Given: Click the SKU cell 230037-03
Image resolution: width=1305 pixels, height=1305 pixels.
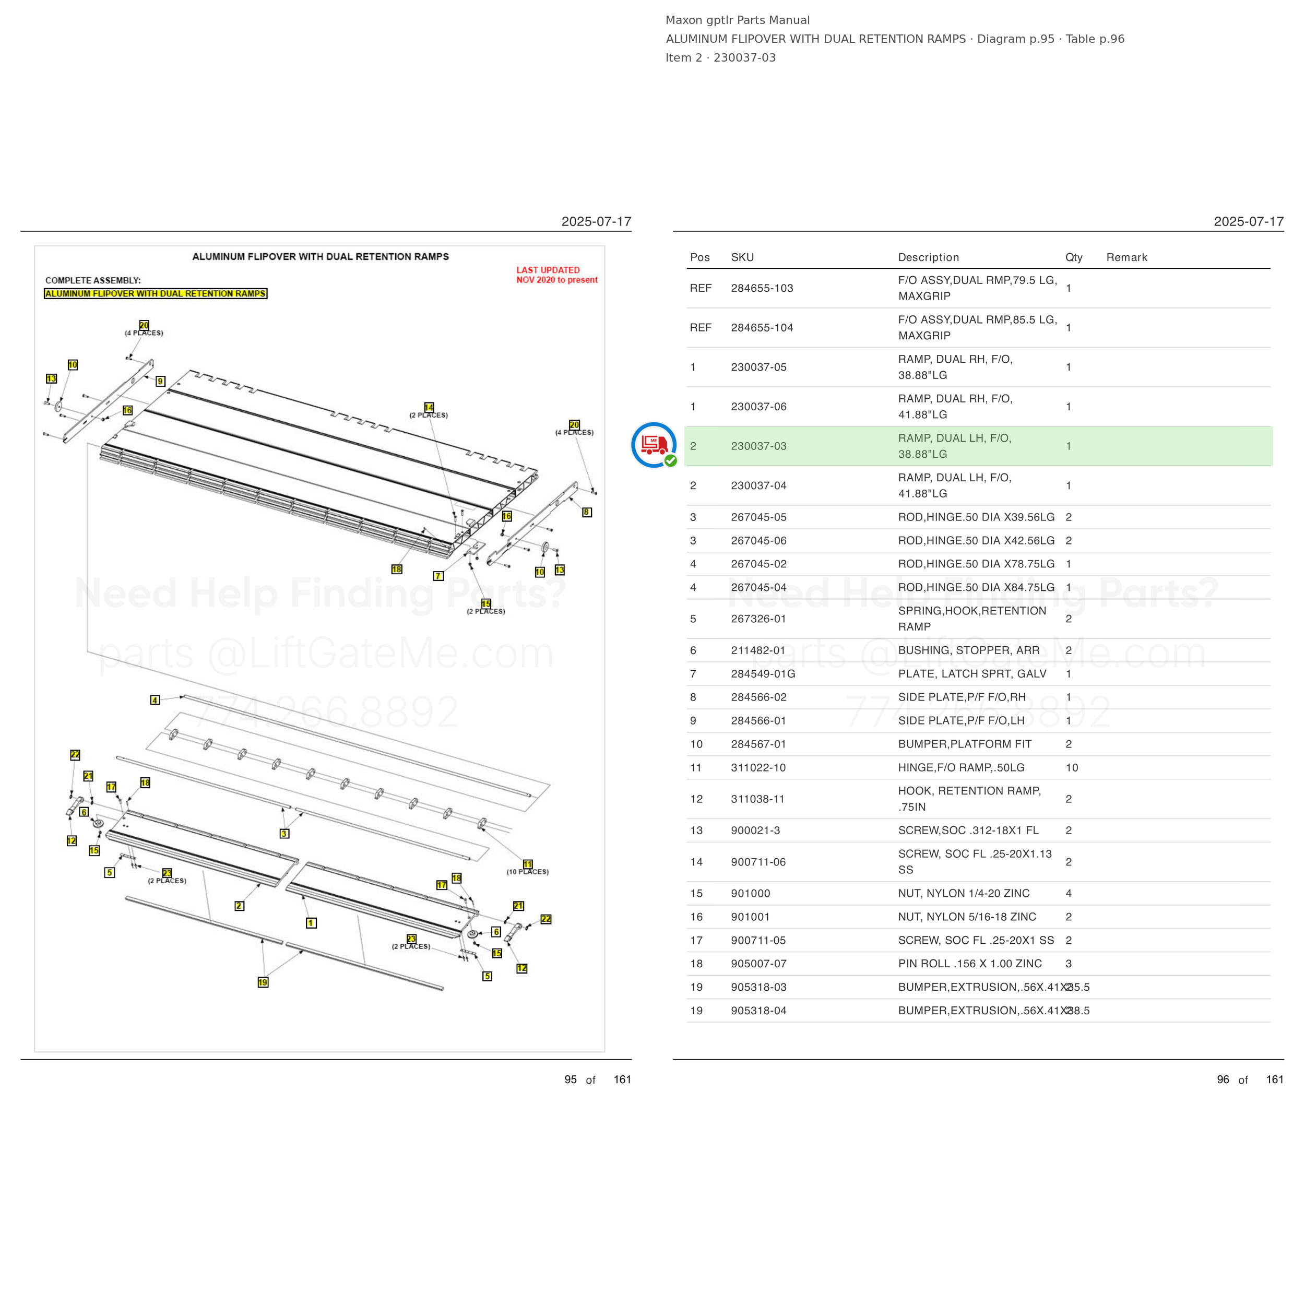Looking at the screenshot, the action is tap(758, 446).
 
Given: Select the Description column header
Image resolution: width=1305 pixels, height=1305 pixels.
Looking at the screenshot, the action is tap(928, 257).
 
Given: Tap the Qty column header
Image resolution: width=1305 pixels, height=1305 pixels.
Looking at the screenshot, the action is tap(1074, 257).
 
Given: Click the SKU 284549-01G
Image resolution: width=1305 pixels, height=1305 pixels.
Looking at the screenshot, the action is tap(763, 673).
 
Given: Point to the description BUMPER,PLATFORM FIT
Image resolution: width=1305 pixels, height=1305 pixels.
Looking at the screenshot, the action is tap(965, 744).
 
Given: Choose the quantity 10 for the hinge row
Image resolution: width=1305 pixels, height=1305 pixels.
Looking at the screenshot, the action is tap(1072, 767).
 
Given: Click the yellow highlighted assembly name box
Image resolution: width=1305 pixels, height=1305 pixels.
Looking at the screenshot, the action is tap(156, 294).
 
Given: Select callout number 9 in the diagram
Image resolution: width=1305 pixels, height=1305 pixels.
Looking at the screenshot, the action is tap(160, 381).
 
